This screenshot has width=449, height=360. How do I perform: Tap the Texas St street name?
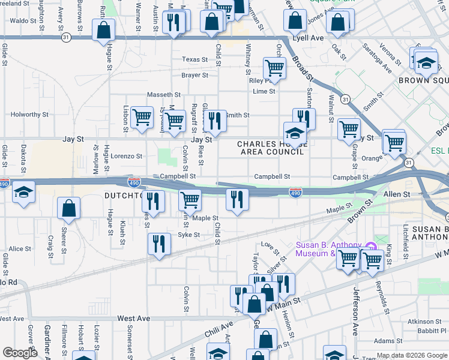point(194,59)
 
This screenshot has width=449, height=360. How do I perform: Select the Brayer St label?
point(194,76)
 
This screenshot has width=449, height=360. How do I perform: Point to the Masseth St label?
point(164,95)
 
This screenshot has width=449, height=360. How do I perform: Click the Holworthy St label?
point(29,114)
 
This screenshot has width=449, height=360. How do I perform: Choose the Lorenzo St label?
point(126,155)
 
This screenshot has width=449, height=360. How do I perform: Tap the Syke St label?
point(188,235)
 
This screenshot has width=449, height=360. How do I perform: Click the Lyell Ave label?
point(307,37)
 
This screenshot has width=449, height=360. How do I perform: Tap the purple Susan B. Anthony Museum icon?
point(370,245)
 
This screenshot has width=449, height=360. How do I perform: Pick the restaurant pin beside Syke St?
point(159,244)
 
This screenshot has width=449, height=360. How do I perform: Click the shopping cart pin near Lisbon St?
point(142,117)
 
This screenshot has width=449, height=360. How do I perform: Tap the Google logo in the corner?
point(20,353)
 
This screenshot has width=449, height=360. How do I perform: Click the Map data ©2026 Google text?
point(412,355)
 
